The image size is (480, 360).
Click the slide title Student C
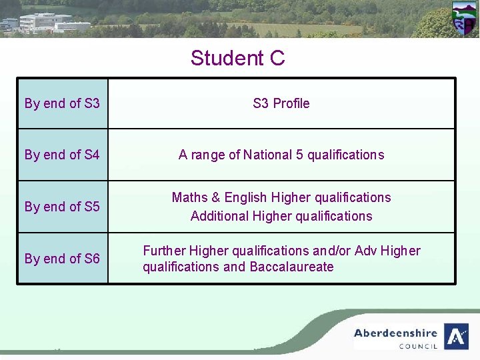point(237,58)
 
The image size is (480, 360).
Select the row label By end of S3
point(62,103)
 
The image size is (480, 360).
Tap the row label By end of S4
point(62,155)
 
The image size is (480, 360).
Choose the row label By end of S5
point(62,207)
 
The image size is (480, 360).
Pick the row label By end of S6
point(62,258)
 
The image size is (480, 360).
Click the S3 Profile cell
point(281,103)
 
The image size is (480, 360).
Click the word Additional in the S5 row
point(219,216)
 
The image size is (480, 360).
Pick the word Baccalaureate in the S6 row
point(291,267)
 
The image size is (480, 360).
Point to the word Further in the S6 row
point(164,251)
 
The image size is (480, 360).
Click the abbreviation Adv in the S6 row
point(366,251)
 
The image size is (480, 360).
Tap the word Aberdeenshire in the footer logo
point(395,333)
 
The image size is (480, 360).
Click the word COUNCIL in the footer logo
point(418,346)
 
